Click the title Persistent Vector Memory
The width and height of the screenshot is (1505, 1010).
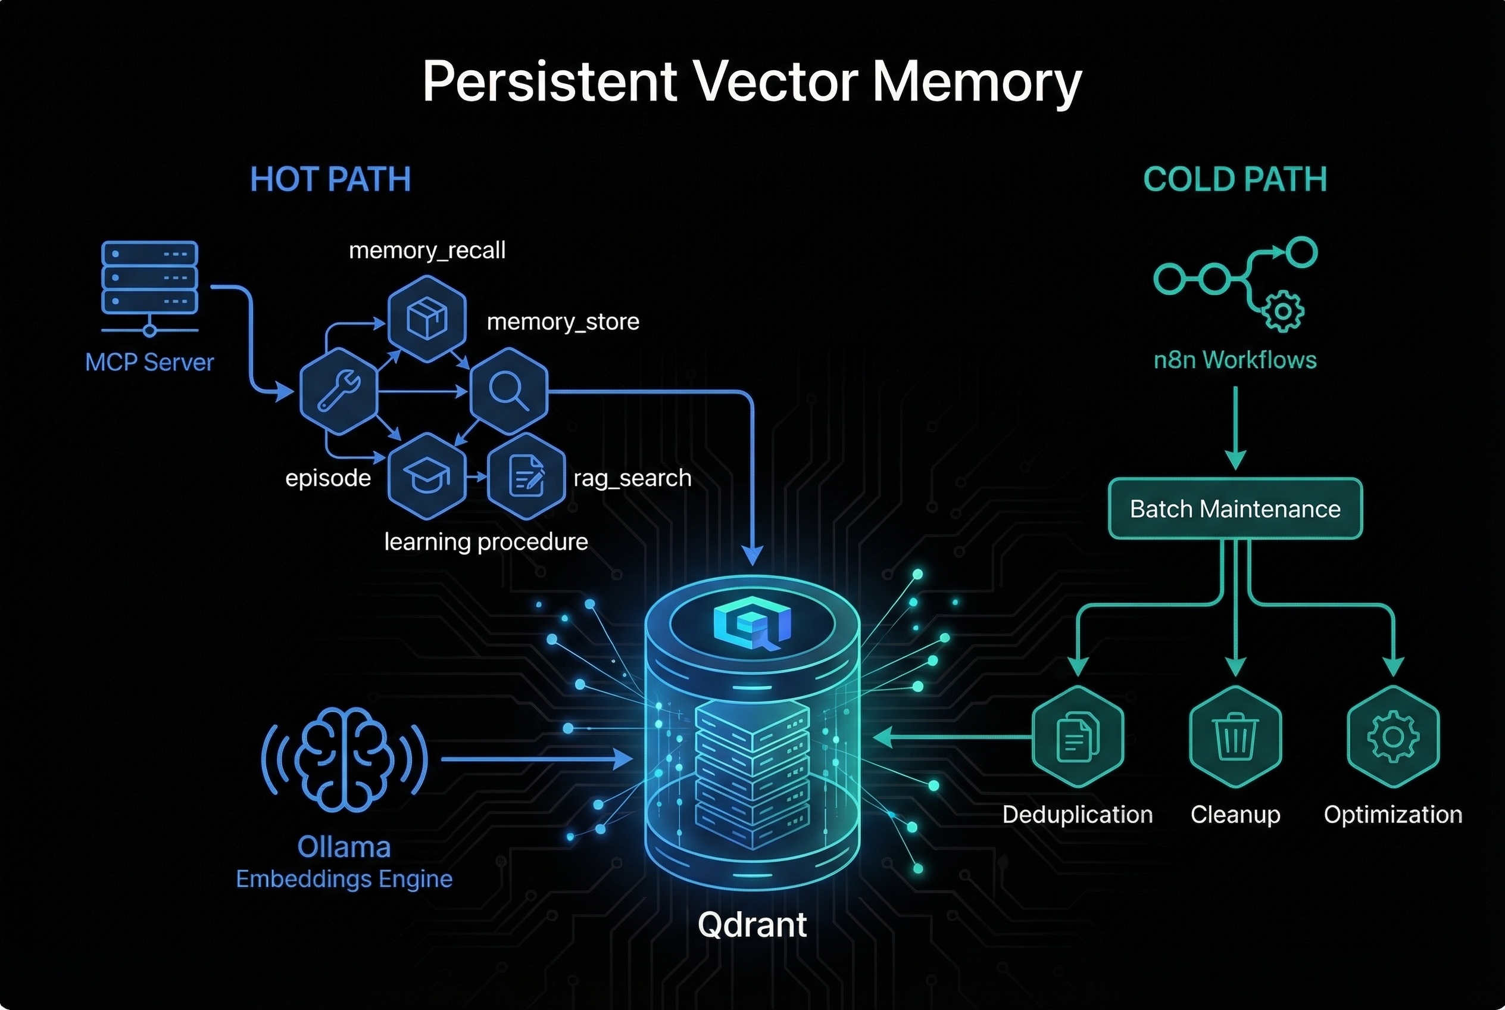click(x=751, y=82)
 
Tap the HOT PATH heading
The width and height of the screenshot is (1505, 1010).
click(x=330, y=179)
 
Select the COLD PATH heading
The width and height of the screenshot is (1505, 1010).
click(x=1235, y=179)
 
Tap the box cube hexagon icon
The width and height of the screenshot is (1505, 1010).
click(x=427, y=318)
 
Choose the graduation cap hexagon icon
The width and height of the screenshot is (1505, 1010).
click(x=426, y=476)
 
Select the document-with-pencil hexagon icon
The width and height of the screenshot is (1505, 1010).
click(x=526, y=476)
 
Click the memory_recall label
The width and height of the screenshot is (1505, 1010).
click(x=427, y=250)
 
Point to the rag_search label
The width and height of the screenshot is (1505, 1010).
click(x=632, y=478)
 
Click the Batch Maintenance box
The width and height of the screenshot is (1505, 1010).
click(x=1235, y=509)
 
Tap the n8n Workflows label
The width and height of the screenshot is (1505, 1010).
click(x=1235, y=360)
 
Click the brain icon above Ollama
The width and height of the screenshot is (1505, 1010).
click(x=345, y=758)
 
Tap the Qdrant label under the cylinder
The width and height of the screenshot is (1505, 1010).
click(x=751, y=925)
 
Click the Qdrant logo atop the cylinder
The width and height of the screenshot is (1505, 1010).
click(x=751, y=624)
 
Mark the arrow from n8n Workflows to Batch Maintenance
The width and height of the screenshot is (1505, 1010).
click(x=1235, y=428)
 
